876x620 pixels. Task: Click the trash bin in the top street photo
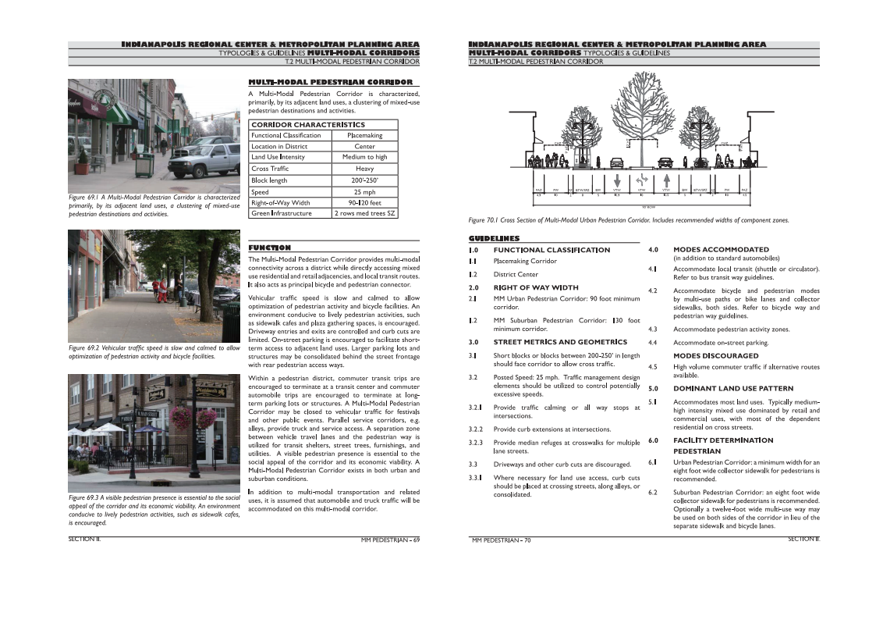pyautogui.click(x=144, y=164)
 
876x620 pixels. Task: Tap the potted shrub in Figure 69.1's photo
pyautogui.click(x=83, y=162)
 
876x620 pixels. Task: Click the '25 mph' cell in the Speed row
pyautogui.click(x=364, y=191)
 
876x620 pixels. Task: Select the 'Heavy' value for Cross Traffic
pyautogui.click(x=364, y=169)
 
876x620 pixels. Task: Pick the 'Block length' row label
pyautogui.click(x=269, y=180)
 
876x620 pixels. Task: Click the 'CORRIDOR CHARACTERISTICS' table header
pyautogui.click(x=308, y=124)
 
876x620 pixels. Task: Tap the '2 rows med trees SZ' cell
pyautogui.click(x=364, y=213)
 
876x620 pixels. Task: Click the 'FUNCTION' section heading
pyautogui.click(x=269, y=248)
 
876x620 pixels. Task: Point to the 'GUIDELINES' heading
pyautogui.click(x=494, y=238)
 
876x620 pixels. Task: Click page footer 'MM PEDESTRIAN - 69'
pyautogui.click(x=390, y=540)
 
